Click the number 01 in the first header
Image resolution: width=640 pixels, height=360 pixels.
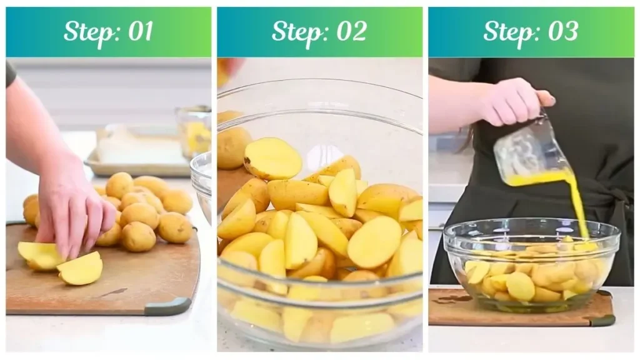(x=140, y=32)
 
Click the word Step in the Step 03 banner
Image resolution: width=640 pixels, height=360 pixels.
(x=509, y=32)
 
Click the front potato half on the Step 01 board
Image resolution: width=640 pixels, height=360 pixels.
(x=80, y=269)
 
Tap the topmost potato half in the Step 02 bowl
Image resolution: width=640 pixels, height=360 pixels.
(x=272, y=159)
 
